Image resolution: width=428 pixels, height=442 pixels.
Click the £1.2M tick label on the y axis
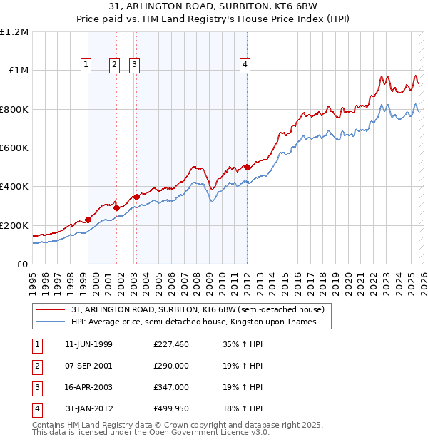tap(14, 32)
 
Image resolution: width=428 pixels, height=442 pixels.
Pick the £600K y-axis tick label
tap(14, 148)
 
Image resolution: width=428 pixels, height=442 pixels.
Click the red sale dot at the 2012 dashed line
tap(247, 167)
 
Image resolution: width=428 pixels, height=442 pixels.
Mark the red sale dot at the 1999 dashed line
tap(88, 220)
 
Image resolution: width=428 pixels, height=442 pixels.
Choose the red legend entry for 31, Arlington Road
tap(198, 310)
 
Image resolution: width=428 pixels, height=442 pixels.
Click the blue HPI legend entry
tap(193, 322)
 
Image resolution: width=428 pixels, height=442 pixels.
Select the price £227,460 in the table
tap(171, 344)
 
